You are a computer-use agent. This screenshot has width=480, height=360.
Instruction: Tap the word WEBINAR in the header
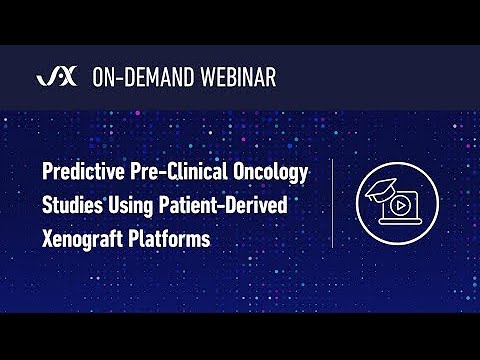(239, 77)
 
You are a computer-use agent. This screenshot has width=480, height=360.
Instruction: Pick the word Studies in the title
(72, 207)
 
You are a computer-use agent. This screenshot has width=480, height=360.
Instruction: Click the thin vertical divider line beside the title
(332, 204)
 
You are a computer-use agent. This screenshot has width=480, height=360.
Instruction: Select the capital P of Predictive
(47, 173)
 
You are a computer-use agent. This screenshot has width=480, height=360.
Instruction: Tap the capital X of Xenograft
(47, 241)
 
